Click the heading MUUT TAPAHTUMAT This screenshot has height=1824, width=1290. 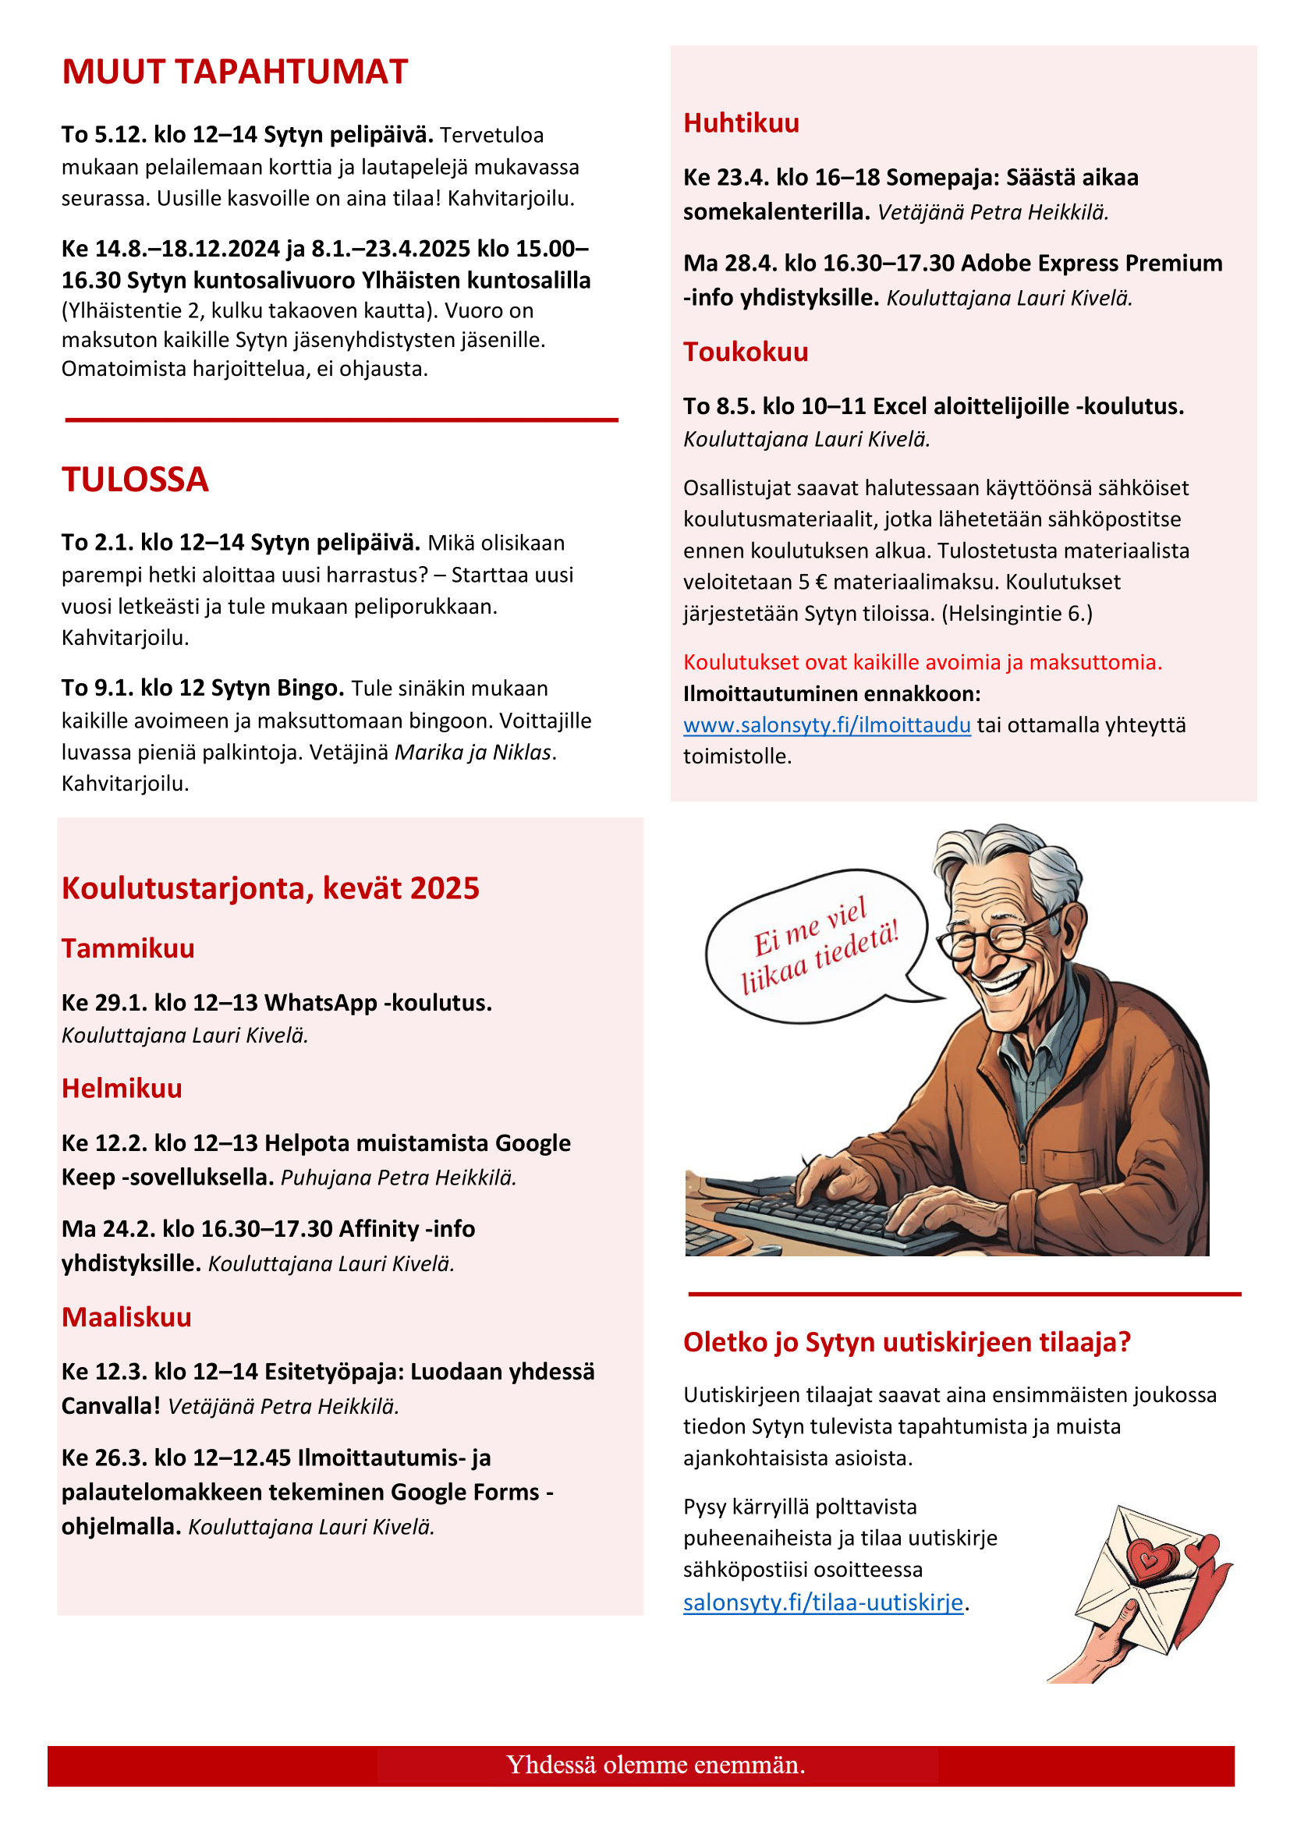tap(234, 73)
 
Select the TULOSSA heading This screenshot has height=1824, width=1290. tap(135, 480)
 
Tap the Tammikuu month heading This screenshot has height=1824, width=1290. tap(128, 948)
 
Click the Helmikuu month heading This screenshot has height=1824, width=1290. tap(122, 1089)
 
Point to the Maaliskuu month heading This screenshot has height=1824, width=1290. tap(126, 1317)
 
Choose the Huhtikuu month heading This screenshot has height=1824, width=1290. tap(741, 124)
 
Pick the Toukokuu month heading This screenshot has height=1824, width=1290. tap(745, 352)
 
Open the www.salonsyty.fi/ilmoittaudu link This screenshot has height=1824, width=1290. tap(826, 725)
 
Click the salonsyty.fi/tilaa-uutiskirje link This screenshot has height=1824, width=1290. tap(822, 1603)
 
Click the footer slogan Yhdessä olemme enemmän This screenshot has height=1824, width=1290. tap(655, 1766)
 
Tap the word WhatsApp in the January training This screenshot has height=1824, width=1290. tap(320, 1003)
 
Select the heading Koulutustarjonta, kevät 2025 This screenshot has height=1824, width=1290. tap(270, 888)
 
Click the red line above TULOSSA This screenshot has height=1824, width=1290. tap(342, 420)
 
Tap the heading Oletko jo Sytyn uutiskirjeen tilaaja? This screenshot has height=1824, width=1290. tap(906, 1343)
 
